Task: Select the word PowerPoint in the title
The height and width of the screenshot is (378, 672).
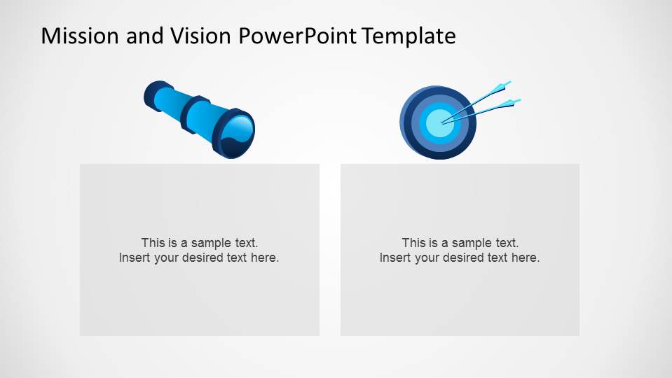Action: [299, 36]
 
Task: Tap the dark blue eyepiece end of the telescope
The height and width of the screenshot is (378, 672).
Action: [152, 94]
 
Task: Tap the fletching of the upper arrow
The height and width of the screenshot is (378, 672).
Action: [502, 86]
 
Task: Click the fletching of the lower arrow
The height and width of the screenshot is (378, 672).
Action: [512, 104]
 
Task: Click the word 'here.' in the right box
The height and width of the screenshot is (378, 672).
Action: [526, 258]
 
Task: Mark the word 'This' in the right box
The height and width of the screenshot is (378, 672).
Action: [414, 243]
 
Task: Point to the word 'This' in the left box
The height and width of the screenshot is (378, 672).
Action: [153, 243]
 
